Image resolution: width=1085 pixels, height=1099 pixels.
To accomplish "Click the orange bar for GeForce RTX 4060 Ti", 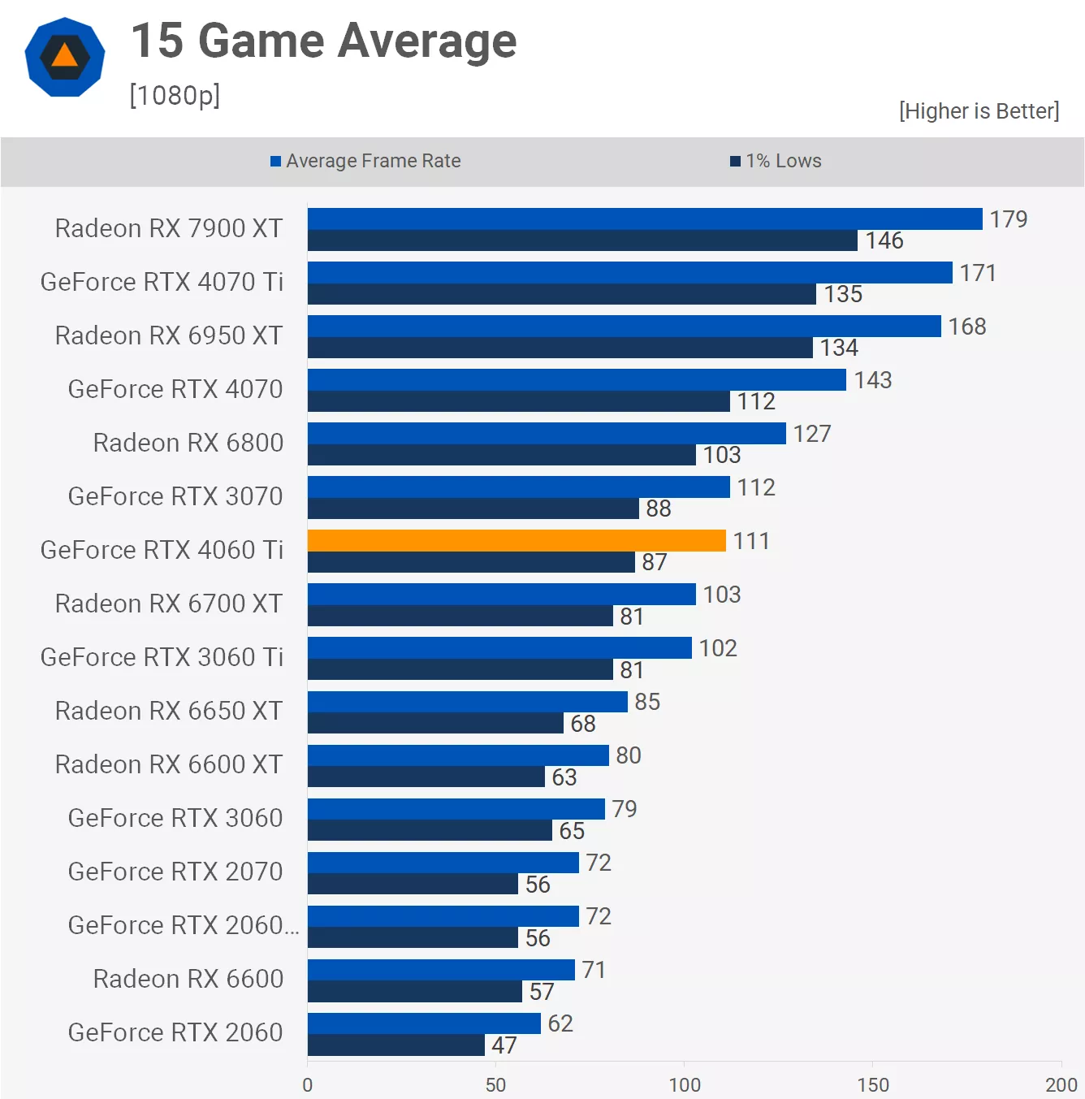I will click(517, 540).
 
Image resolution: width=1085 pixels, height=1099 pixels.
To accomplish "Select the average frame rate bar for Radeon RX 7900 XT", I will click(645, 219).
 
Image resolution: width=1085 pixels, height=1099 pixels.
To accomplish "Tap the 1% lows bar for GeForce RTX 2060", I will click(396, 1045).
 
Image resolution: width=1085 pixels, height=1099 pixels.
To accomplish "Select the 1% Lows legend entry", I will click(776, 161).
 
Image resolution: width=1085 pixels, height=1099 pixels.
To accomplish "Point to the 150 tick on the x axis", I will click(873, 1084).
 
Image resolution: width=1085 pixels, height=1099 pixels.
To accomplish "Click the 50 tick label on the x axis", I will click(495, 1084).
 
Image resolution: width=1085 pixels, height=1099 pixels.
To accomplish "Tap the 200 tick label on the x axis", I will click(1061, 1084).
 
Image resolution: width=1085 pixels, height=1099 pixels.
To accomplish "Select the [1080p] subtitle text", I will click(175, 95).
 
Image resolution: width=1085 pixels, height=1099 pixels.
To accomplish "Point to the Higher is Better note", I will click(979, 110).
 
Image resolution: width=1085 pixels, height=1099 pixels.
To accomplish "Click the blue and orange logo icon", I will click(65, 57).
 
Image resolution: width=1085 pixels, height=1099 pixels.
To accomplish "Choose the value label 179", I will click(1008, 219).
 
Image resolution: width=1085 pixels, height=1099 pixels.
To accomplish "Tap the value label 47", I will click(504, 1045).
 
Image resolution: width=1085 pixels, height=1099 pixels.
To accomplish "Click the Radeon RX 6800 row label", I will click(188, 443).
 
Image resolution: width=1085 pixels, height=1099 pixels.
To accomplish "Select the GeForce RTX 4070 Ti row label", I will click(162, 282).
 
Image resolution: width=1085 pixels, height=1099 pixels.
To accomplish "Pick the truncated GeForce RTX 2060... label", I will click(183, 925).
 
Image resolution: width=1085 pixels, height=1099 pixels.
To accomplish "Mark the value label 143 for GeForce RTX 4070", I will click(872, 380).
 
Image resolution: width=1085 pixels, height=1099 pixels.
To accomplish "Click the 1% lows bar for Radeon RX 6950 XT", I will click(560, 348).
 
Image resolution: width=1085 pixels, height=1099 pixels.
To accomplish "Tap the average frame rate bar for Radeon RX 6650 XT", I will click(467, 701).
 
